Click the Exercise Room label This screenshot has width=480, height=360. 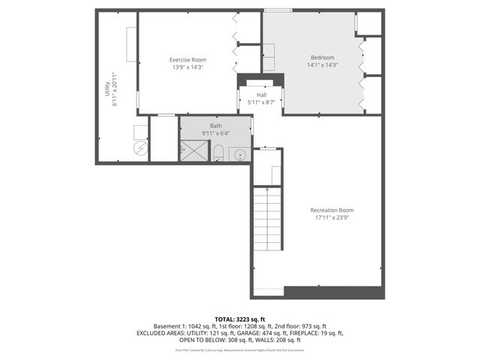pos(187,60)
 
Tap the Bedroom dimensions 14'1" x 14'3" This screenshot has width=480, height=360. pos(322,66)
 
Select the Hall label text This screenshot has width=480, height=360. pos(261,95)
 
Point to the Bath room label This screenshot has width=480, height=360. pos(215,126)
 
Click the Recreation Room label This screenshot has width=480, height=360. pos(331,210)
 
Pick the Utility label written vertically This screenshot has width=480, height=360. pos(106,90)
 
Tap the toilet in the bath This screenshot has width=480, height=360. pos(217,154)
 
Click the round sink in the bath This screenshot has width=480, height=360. pos(240,155)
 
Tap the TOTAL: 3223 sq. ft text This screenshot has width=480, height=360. pos(239,319)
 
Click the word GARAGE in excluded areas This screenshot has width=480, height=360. pos(268,333)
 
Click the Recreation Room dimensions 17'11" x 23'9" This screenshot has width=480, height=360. pos(331,217)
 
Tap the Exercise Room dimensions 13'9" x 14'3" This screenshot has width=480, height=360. pos(187,67)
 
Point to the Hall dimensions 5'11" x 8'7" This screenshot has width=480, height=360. pos(261,102)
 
